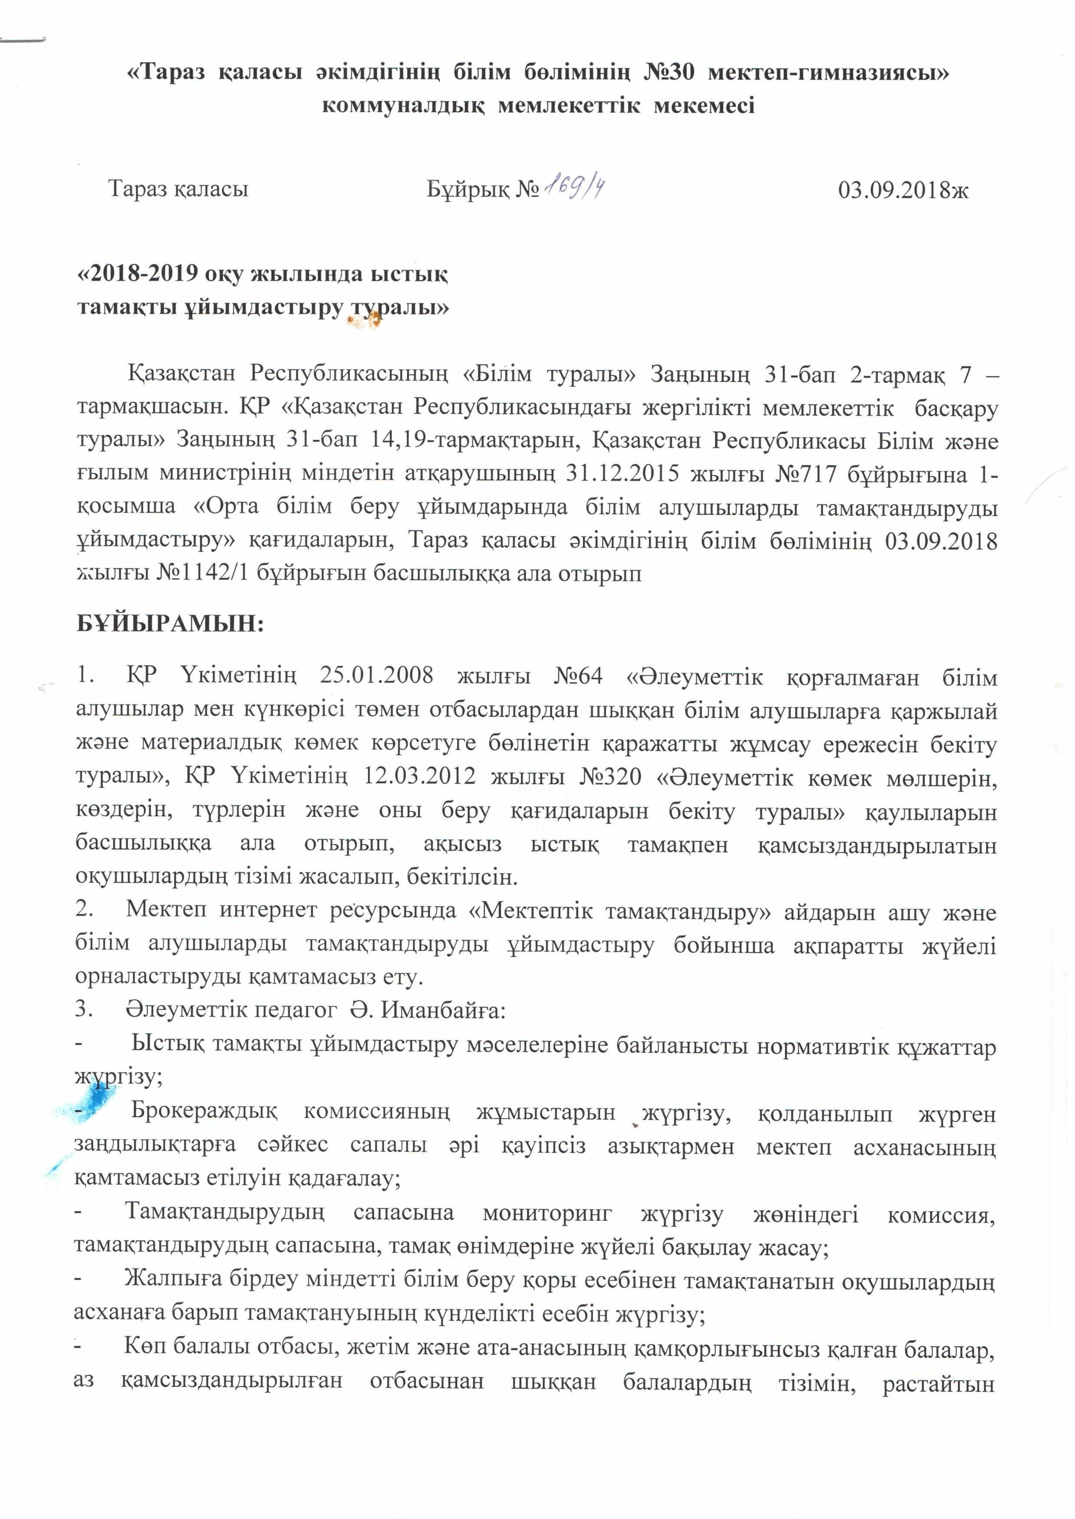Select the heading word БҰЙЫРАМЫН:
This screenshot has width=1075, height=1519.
[170, 623]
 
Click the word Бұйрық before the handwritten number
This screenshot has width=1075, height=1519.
[468, 191]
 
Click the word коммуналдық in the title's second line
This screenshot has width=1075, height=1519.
[403, 106]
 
